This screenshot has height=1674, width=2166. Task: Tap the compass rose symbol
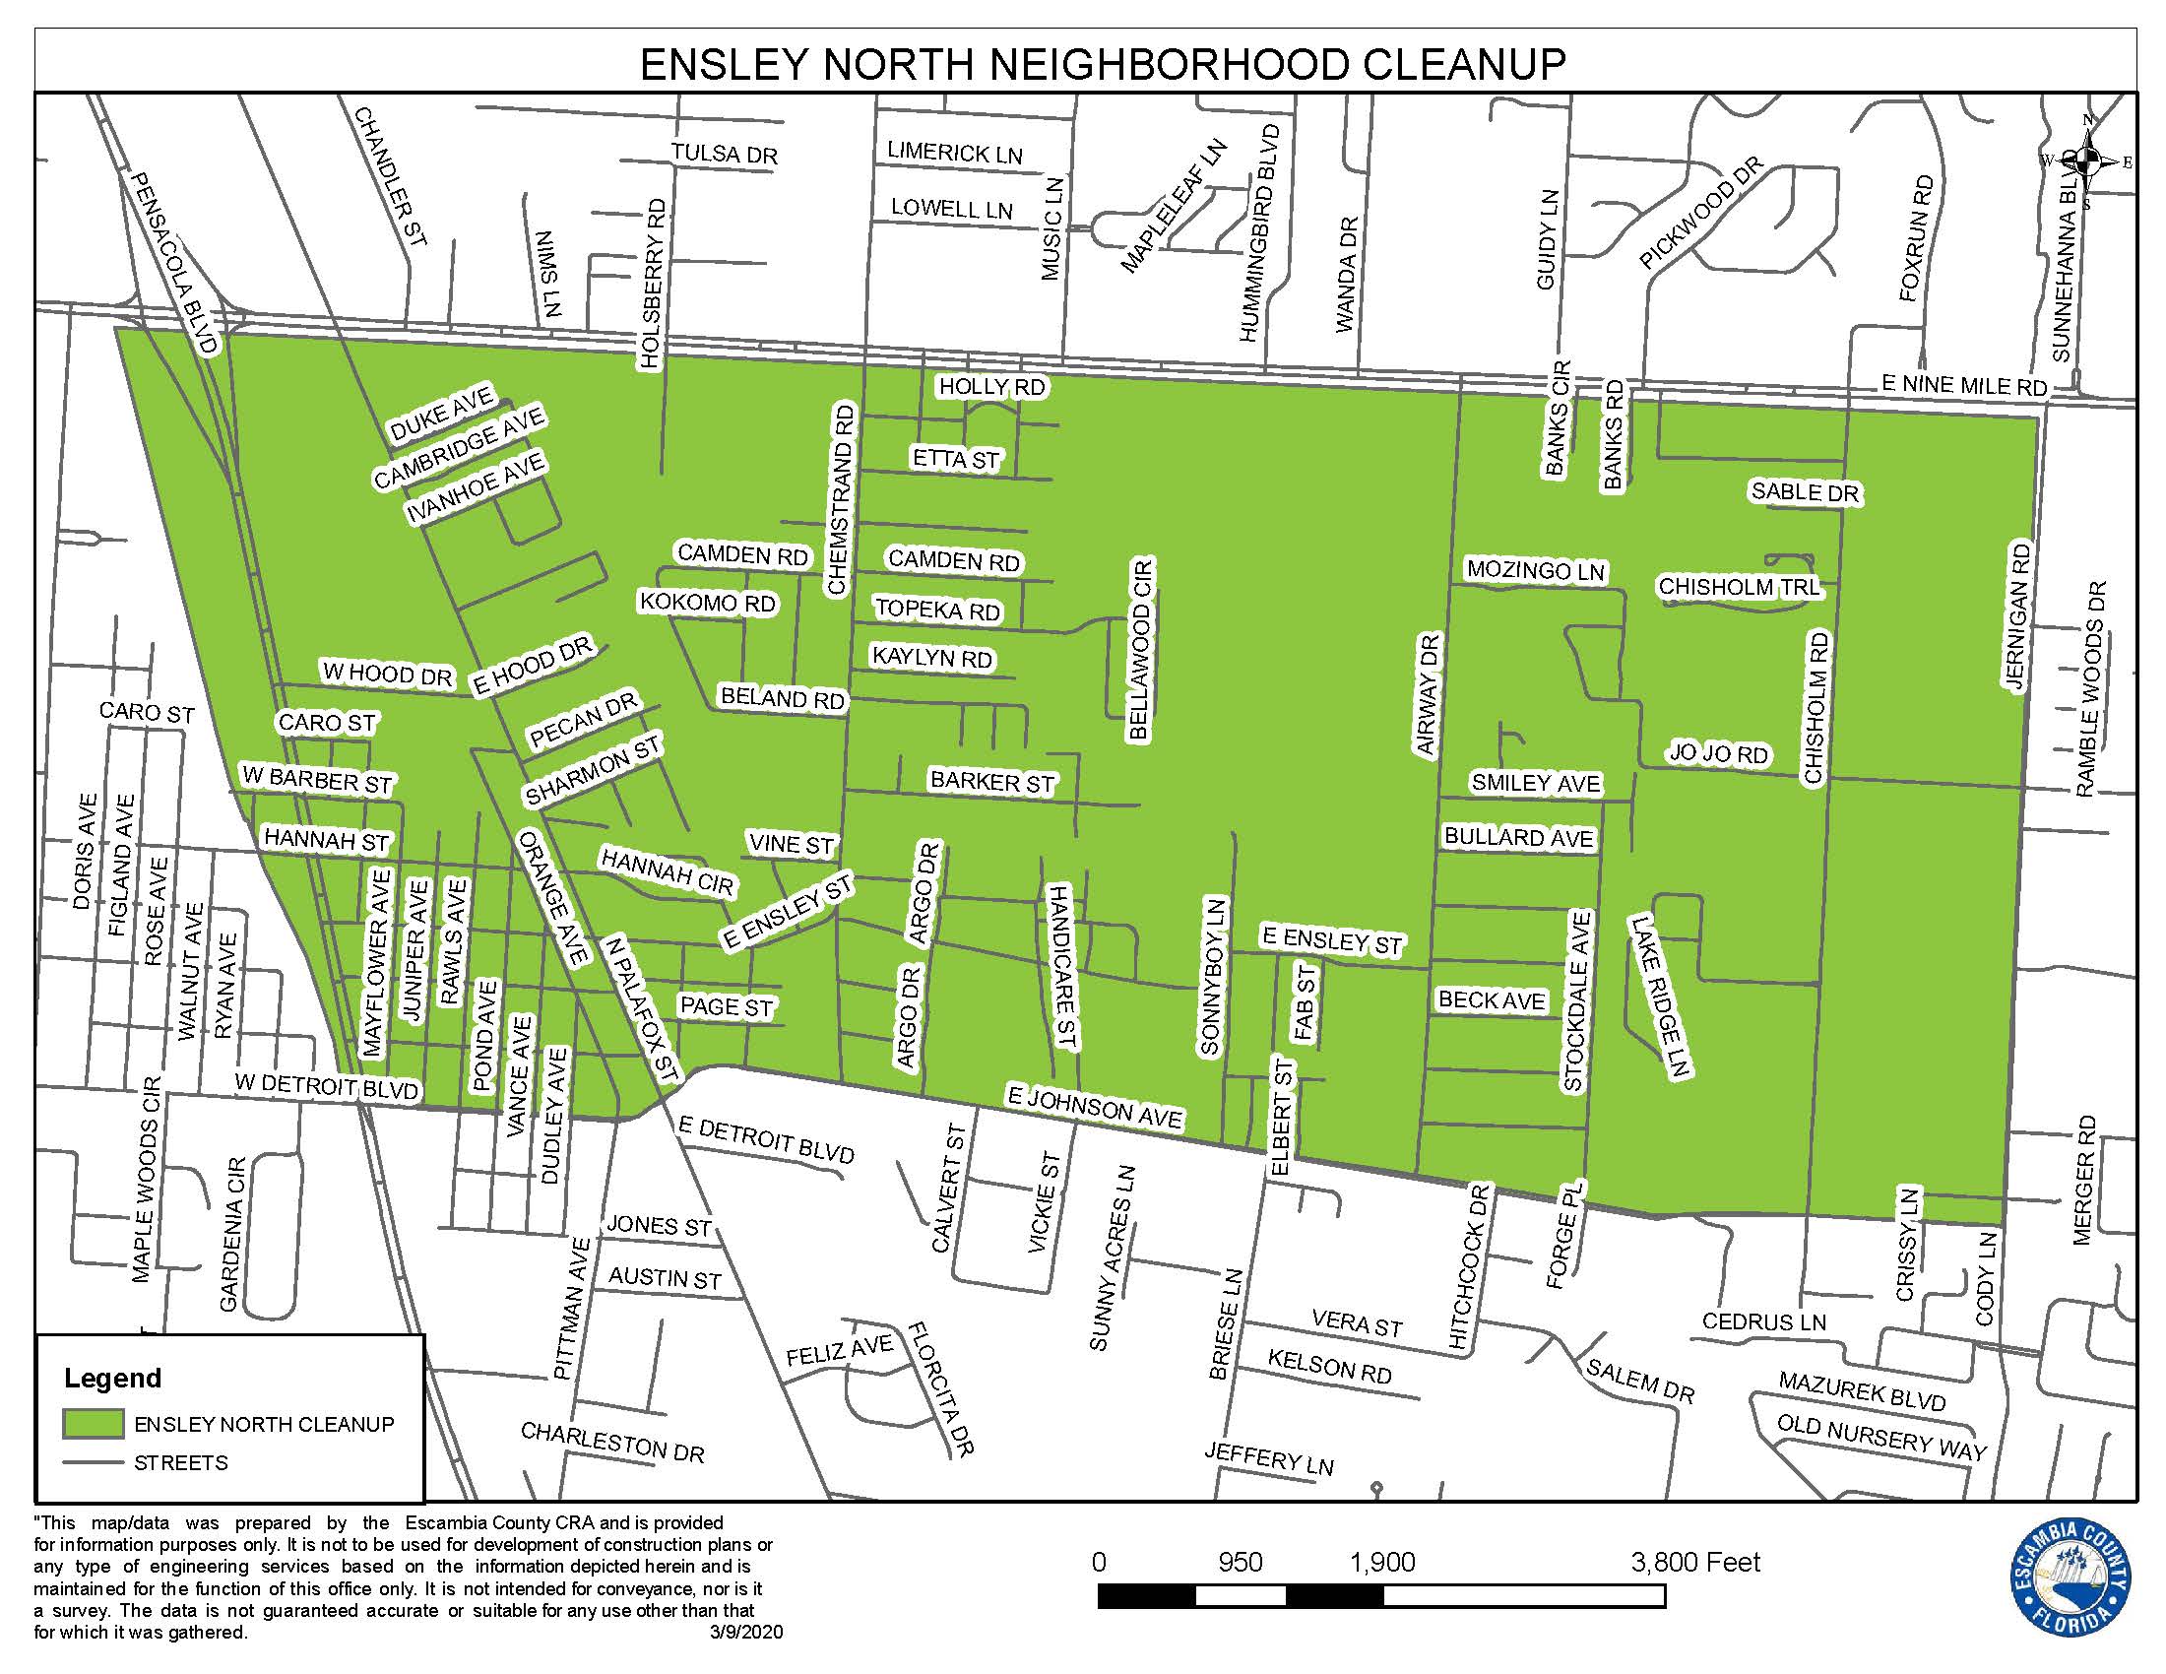click(x=2086, y=161)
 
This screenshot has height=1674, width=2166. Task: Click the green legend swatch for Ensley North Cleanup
click(x=94, y=1424)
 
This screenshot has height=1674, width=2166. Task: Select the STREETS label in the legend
click(x=180, y=1462)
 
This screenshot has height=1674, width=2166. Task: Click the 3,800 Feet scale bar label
click(x=1695, y=1563)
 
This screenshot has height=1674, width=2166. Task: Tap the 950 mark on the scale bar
click(x=1240, y=1563)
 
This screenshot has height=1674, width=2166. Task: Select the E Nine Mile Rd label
click(x=1964, y=386)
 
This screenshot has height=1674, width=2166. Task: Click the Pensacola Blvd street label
click(x=174, y=263)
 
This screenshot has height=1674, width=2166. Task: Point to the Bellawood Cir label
click(x=1140, y=650)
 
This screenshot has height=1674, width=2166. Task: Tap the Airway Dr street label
click(x=1429, y=695)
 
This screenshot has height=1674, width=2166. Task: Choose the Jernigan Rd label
click(x=2017, y=616)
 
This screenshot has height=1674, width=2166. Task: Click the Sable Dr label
click(x=1804, y=492)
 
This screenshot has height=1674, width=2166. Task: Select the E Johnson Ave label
click(x=1095, y=1106)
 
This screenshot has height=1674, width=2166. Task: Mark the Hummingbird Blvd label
click(x=1259, y=234)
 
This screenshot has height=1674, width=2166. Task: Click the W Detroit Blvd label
click(x=326, y=1086)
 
